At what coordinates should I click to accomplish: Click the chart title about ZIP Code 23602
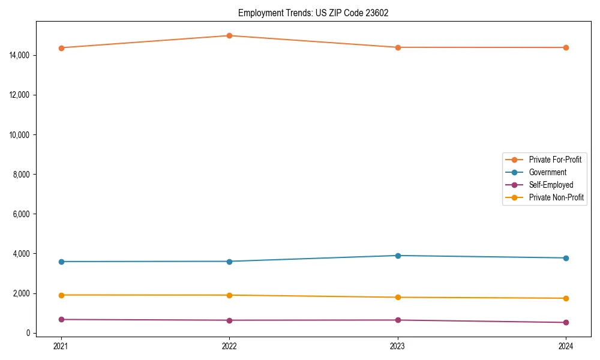pos(313,13)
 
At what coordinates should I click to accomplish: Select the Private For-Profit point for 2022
pos(229,35)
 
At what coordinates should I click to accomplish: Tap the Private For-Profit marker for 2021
pos(61,48)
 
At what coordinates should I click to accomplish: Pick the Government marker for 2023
pos(398,256)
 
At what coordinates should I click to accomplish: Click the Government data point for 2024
pos(566,258)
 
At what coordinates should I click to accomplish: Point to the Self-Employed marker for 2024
pos(566,322)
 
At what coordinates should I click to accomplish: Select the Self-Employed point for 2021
pos(61,319)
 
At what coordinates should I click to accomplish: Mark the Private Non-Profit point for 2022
pos(229,295)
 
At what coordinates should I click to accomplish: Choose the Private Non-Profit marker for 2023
pos(398,298)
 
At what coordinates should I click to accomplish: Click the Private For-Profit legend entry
pos(554,160)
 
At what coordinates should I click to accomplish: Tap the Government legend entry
pos(547,172)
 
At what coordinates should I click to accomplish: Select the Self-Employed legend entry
pos(551,185)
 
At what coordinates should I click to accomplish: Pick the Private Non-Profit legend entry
pos(556,197)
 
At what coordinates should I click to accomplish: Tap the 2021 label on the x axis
pos(61,346)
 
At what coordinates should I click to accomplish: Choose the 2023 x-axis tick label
pos(398,346)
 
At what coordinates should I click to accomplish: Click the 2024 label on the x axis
pos(566,346)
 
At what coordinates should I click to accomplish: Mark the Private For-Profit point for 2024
pos(566,47)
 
